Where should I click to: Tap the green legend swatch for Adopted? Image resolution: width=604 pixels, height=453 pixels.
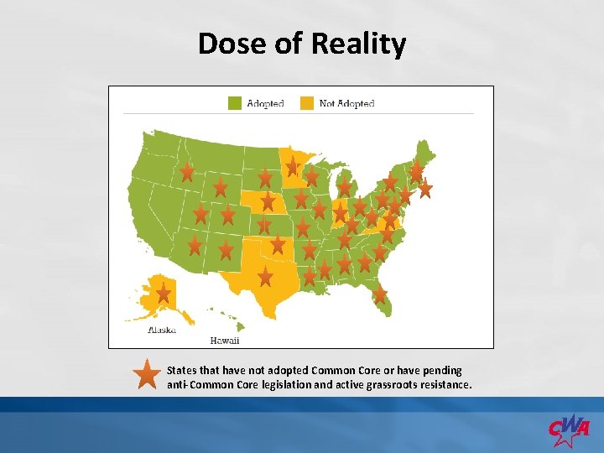(x=235, y=103)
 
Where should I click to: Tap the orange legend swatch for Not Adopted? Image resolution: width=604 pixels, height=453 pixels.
(x=307, y=103)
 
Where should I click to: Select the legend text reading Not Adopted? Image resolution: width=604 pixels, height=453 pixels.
(x=346, y=104)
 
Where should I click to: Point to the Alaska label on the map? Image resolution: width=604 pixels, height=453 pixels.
(x=161, y=330)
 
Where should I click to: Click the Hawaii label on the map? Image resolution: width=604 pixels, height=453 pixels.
(x=224, y=341)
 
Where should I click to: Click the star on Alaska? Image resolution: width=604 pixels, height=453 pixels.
(x=164, y=294)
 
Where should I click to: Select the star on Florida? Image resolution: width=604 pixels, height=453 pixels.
(x=380, y=294)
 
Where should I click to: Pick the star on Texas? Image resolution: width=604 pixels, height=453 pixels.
(x=265, y=276)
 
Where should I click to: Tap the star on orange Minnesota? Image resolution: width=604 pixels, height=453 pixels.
(x=292, y=165)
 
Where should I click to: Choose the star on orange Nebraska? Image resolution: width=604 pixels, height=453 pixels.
(x=268, y=201)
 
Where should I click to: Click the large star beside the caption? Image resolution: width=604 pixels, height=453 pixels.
(x=147, y=376)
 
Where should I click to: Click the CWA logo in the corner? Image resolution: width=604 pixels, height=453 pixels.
(x=569, y=429)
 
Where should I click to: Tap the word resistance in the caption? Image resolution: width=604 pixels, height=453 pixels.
(x=444, y=385)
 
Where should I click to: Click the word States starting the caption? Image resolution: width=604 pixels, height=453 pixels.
(x=182, y=370)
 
